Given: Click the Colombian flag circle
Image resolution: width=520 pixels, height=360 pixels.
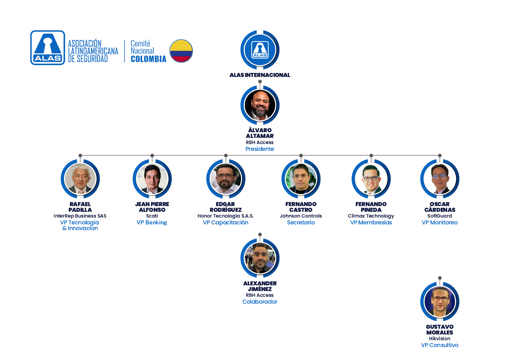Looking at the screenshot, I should [x=181, y=51].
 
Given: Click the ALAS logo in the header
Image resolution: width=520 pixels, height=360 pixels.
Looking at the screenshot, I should [x=48, y=48].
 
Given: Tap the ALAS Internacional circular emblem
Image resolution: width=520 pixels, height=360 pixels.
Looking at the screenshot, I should [x=260, y=50].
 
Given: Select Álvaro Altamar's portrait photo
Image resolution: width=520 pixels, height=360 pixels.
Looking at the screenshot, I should [x=260, y=105].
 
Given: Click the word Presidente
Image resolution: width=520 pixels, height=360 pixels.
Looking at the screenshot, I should [x=260, y=149].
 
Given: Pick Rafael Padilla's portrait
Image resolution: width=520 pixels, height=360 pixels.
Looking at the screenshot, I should [x=80, y=179].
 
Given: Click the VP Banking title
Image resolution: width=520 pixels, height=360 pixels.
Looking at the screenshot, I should [x=152, y=222].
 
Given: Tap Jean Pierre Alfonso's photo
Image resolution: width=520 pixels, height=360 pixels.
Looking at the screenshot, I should [x=152, y=179].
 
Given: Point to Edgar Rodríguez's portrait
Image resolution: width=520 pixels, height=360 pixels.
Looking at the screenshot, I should [x=226, y=179].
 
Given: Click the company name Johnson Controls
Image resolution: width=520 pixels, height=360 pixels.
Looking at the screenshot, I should [x=301, y=216].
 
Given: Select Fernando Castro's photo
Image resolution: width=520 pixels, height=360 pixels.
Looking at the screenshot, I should [x=301, y=179].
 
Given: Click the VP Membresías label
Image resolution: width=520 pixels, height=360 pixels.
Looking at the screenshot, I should [x=371, y=222].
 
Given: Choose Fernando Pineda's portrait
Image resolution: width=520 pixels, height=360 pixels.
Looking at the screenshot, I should [x=371, y=179].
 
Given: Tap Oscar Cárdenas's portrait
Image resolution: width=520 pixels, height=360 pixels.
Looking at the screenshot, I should [x=440, y=179].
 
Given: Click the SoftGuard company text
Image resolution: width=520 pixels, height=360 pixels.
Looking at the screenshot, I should [x=440, y=216].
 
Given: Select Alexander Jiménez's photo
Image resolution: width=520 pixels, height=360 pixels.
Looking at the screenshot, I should [x=260, y=258].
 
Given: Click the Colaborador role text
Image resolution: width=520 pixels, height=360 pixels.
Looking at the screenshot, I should [x=260, y=302].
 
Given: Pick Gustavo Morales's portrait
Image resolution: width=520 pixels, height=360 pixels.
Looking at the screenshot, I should [x=440, y=301].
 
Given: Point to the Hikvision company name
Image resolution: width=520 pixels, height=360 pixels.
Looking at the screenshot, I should [x=440, y=339].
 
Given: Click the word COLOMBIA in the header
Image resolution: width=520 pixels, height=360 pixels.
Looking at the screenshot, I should [x=148, y=59].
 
